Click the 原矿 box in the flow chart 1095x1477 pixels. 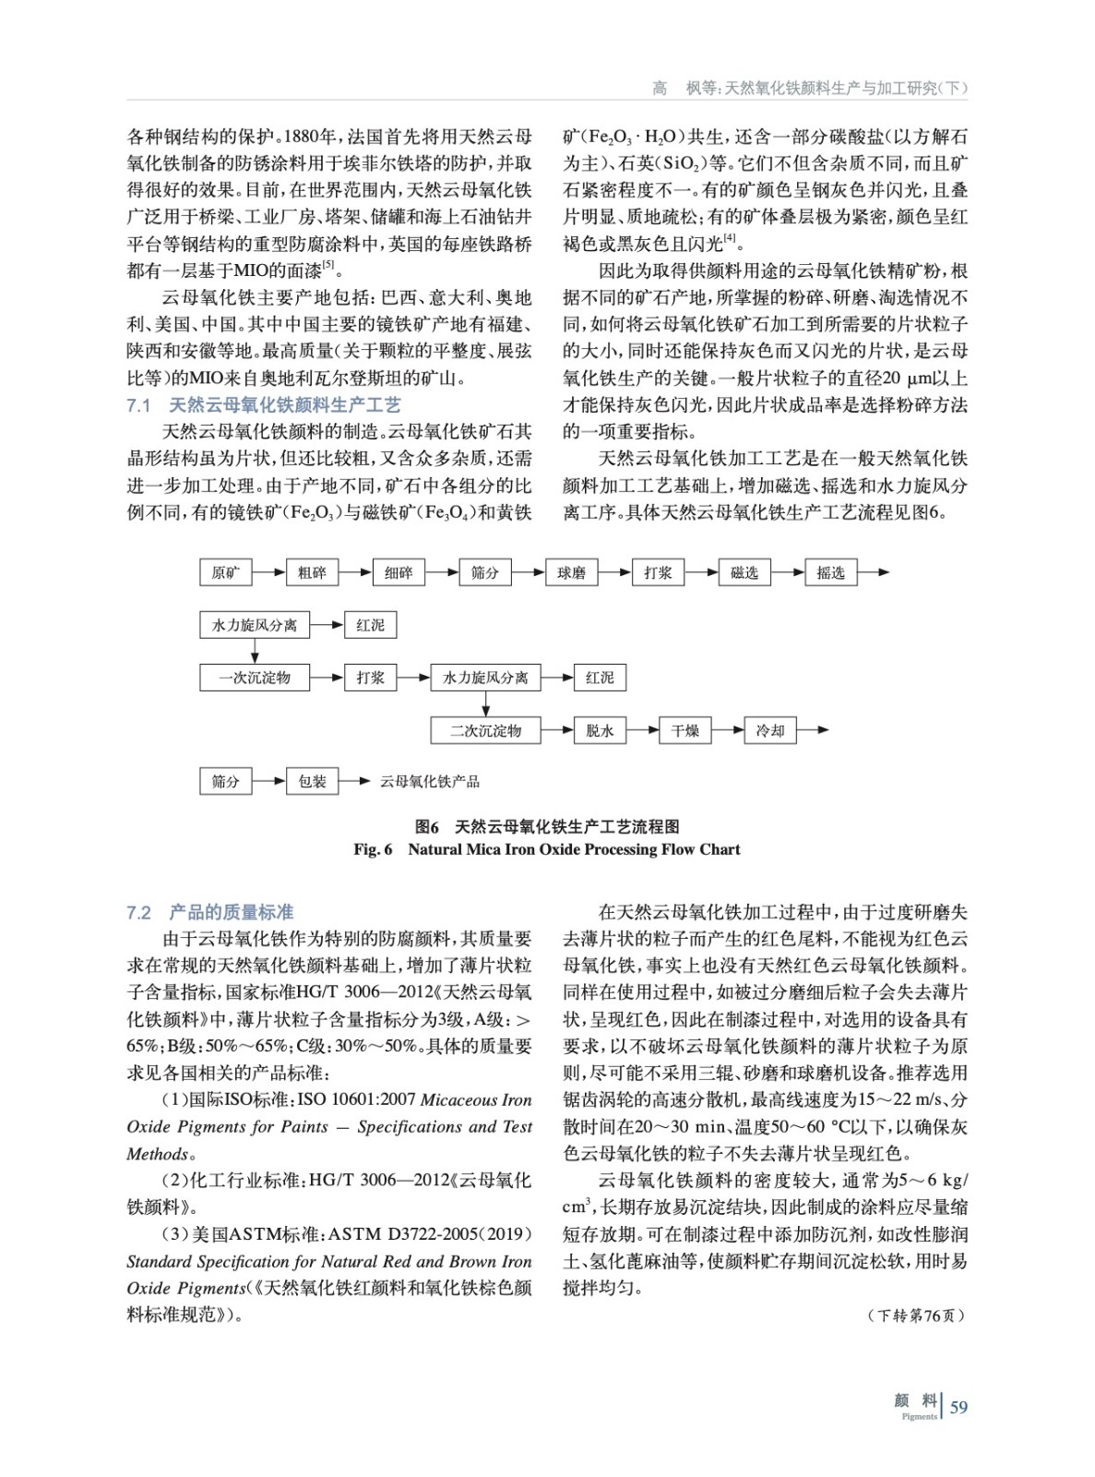[225, 572]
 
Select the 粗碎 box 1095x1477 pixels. [312, 572]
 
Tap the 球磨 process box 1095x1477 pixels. [571, 572]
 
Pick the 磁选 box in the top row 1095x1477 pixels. [744, 572]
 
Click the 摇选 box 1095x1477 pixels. [830, 572]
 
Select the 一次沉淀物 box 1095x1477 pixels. [254, 678]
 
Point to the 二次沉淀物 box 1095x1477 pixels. [485, 730]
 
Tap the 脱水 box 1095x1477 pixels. [600, 730]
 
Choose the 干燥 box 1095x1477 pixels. [685, 730]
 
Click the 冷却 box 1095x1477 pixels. [770, 730]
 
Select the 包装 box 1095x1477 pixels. [312, 781]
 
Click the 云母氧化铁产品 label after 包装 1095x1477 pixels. [430, 781]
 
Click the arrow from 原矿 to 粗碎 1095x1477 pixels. [268, 572]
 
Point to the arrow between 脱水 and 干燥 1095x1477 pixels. [642, 730]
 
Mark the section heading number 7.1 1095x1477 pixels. [138, 405]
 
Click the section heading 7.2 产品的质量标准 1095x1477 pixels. [210, 913]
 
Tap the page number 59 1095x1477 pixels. [958, 1407]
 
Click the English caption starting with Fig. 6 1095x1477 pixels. [547, 849]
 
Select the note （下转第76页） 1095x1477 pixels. [916, 1315]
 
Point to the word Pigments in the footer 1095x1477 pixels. [919, 1416]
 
